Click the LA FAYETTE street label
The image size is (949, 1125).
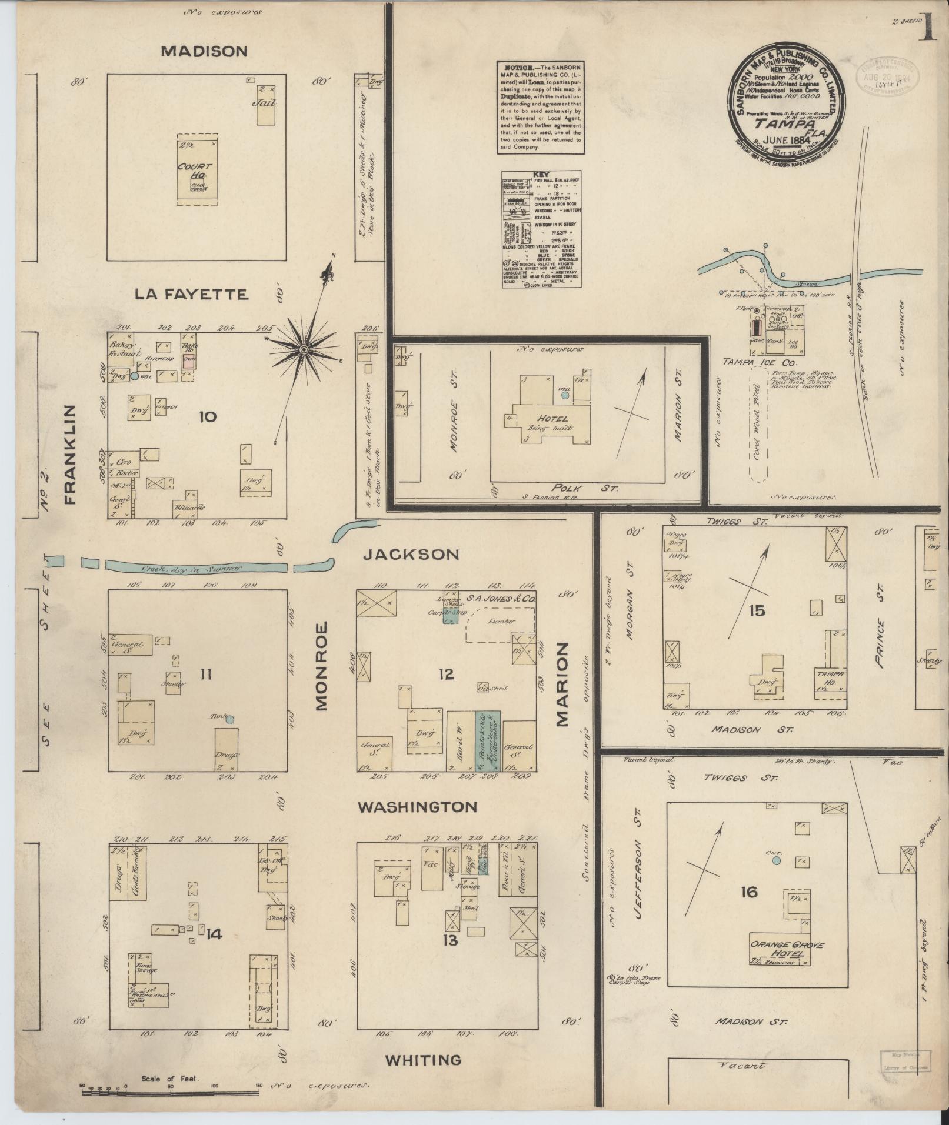191,294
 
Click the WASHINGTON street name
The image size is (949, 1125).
418,807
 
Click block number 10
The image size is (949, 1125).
207,417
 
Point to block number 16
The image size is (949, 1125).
749,892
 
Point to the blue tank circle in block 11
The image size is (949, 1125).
230,719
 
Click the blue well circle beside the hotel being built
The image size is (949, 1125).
565,396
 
